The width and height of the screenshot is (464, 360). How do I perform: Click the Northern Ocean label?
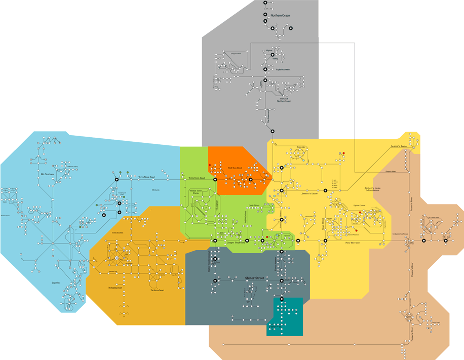click(280, 16)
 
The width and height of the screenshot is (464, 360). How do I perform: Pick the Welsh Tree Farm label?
click(196, 192)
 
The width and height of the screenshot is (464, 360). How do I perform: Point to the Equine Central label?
click(359, 206)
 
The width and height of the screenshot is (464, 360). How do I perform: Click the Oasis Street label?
click(253, 205)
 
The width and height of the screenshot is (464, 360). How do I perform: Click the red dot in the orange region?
click(210, 166)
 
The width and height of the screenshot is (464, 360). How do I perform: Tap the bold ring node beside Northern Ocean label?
click(265, 15)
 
